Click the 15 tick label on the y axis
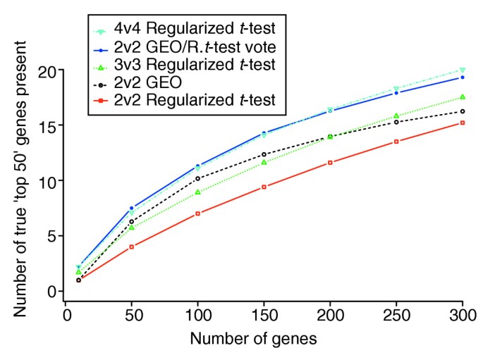click(x=47, y=125)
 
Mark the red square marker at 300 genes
click(x=463, y=123)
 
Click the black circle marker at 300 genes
click(x=463, y=111)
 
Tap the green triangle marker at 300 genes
click(x=463, y=97)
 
